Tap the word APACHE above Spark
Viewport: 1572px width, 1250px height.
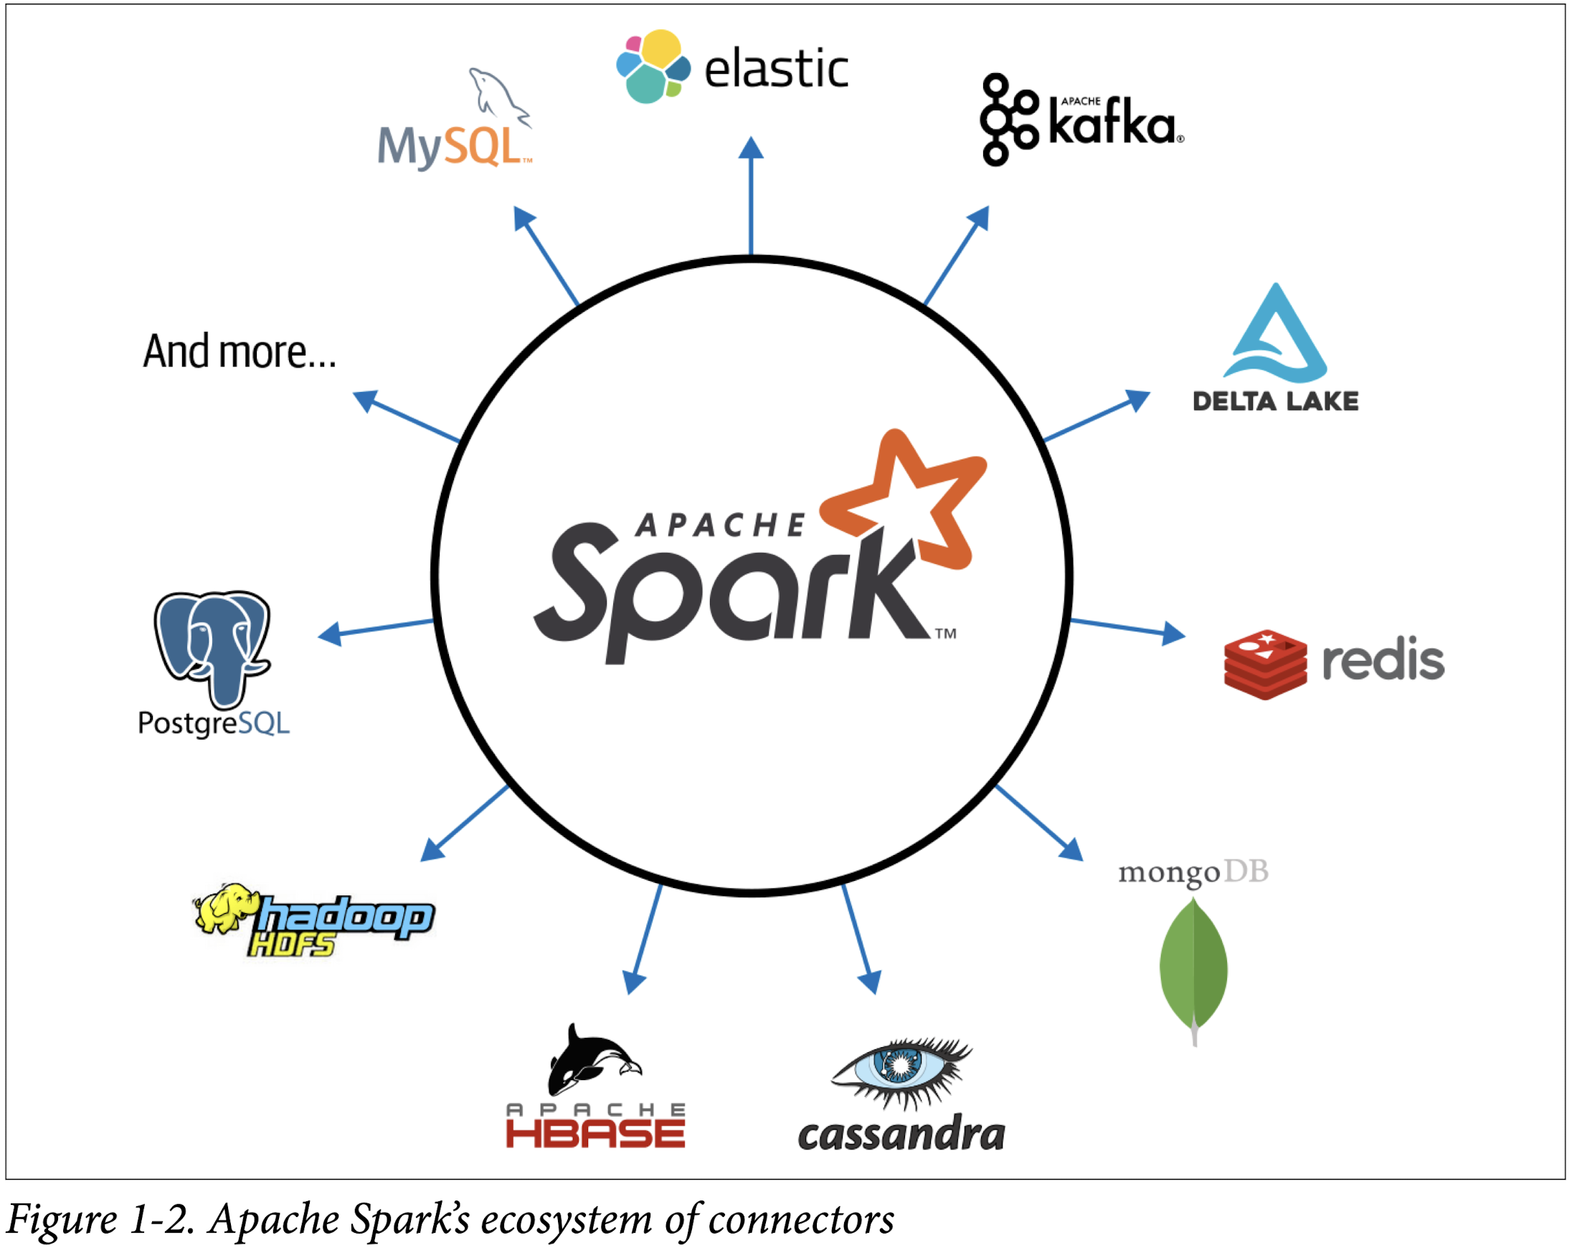(x=720, y=525)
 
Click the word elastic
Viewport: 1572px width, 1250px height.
(x=776, y=70)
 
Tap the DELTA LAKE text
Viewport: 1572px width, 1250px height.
(x=1275, y=401)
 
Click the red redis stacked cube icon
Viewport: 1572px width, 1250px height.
(x=1265, y=664)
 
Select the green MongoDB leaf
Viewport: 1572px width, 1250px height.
(x=1193, y=965)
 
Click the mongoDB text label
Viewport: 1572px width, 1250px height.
(x=1193, y=872)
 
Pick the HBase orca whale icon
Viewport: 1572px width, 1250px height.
(x=591, y=1060)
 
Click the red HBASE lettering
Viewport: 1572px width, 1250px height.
(x=596, y=1134)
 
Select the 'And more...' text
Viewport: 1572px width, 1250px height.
(x=239, y=352)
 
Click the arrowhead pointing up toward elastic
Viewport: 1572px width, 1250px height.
(x=751, y=148)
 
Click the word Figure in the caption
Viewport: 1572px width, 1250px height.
(x=62, y=1218)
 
